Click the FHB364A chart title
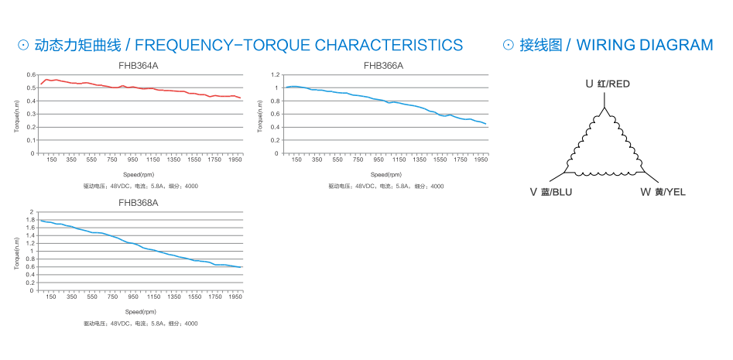(139, 66)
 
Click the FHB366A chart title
(383, 66)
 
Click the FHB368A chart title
(139, 203)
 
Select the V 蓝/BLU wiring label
(551, 192)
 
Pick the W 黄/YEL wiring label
(663, 192)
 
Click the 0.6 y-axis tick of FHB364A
(31, 75)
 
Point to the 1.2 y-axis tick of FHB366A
(275, 75)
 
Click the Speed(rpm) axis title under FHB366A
(383, 174)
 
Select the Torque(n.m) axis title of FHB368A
(17, 252)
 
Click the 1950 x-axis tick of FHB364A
(236, 159)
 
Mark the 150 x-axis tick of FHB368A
(51, 297)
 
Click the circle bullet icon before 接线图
(509, 45)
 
